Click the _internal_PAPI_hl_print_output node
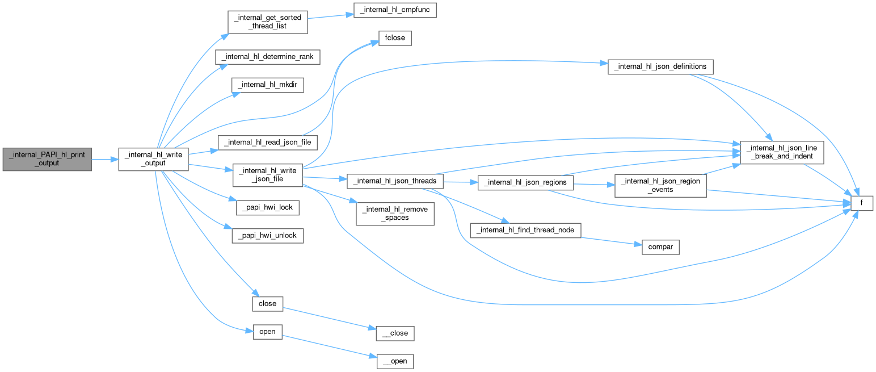coord(47,159)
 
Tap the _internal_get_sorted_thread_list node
coord(268,22)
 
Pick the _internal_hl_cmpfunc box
coord(395,10)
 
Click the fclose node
coord(395,39)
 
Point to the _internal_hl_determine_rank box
coord(268,57)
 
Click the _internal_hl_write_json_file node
coord(268,175)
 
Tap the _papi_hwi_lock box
coord(268,207)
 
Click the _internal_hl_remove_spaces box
coord(395,214)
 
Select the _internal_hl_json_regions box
coord(526,183)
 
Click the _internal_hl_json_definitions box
coord(660,66)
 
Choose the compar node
coord(660,248)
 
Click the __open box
coord(395,361)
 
